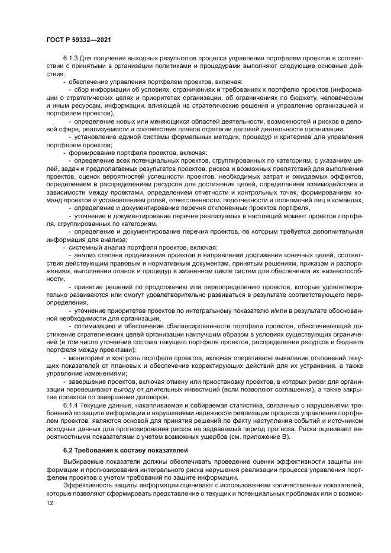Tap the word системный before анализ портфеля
pos(84,247)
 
